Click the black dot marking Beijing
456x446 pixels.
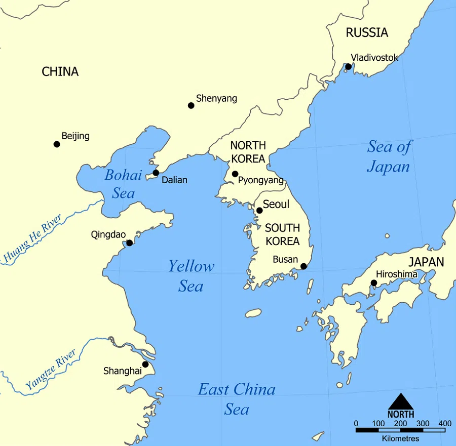coord(57,144)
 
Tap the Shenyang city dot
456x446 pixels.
coord(191,105)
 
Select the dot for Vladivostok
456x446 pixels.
coord(348,67)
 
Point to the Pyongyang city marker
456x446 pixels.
coord(235,174)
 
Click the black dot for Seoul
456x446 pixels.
coord(259,211)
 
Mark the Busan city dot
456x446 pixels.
coord(303,266)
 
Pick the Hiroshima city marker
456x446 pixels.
coord(374,283)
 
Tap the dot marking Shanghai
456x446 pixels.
coord(145,364)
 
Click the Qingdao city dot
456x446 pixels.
coord(129,243)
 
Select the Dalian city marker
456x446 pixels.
coord(156,173)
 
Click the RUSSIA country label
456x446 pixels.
coord(367,33)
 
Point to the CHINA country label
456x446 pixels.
coord(60,71)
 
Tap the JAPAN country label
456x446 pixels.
coord(426,262)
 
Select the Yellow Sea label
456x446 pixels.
coord(191,276)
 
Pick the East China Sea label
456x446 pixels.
coord(237,398)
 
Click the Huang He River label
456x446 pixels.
coord(32,239)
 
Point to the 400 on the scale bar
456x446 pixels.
coord(445,423)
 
